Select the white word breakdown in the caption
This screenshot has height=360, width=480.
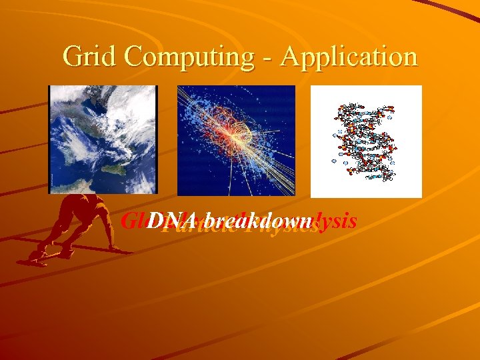tap(259, 221)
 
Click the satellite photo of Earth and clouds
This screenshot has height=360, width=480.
tap(103, 139)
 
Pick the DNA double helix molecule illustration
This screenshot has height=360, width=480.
tap(366, 141)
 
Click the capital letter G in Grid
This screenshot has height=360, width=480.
tap(72, 57)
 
